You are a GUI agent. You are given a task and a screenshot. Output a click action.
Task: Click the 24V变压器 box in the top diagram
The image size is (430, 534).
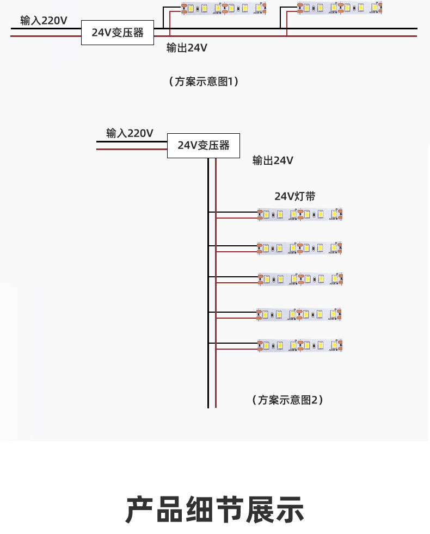117,33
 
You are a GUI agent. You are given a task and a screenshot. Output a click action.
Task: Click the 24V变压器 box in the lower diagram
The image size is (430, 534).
203,146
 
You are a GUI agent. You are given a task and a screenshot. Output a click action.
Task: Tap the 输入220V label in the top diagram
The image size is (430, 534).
44,21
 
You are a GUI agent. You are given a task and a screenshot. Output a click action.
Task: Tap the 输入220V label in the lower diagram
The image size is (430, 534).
130,133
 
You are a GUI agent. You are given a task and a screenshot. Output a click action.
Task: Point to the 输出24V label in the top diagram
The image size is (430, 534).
187,48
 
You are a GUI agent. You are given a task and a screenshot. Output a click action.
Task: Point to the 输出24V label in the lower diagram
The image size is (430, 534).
273,160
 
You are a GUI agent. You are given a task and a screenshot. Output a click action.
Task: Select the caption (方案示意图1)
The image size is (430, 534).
204,82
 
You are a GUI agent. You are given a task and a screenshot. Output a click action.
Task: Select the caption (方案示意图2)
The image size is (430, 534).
288,400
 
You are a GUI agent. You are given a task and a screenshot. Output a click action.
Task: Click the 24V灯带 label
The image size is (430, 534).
294,196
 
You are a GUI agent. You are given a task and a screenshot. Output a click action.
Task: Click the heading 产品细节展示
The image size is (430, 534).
214,510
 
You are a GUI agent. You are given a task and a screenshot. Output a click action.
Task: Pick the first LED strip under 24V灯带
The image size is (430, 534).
300,215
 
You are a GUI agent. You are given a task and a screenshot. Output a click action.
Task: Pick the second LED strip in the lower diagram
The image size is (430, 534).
300,249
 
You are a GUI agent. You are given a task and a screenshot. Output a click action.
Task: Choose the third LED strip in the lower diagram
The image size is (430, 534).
300,279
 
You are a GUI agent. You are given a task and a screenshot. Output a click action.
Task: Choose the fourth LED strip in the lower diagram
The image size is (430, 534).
300,314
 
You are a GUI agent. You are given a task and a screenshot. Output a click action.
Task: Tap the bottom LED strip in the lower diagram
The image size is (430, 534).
300,345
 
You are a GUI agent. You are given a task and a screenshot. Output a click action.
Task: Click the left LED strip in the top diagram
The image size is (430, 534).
223,8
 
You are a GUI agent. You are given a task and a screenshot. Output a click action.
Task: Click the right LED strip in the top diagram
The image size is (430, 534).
339,8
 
